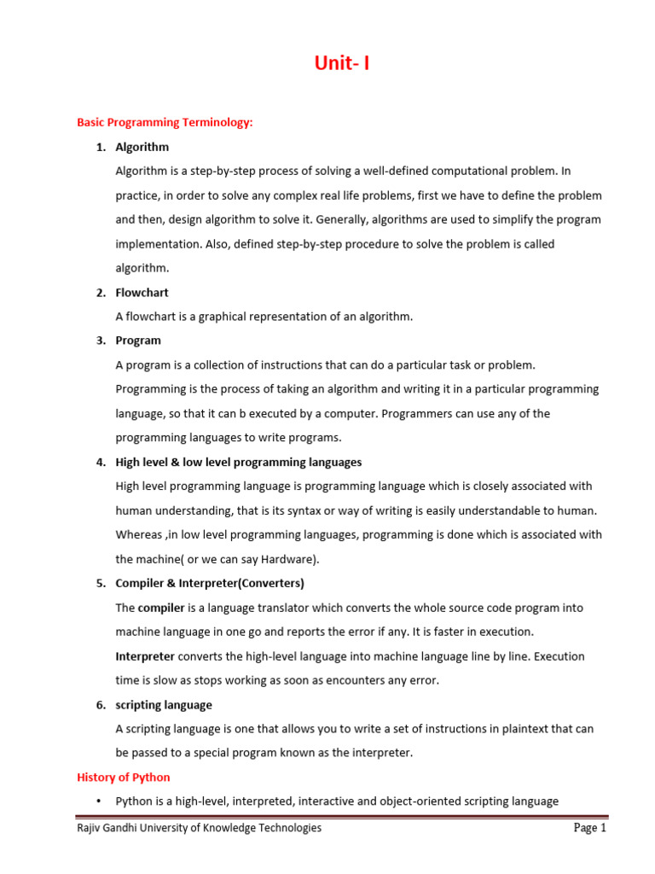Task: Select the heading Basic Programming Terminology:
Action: point(165,123)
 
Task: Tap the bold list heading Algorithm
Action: point(142,147)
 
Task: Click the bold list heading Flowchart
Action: point(142,293)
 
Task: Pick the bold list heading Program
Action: point(138,341)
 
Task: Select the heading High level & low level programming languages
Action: point(239,462)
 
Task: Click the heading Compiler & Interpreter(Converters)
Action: point(210,584)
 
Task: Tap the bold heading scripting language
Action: point(164,705)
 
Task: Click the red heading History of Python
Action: point(124,778)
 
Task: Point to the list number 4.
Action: point(100,462)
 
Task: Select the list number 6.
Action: point(100,705)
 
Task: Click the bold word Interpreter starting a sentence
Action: point(146,656)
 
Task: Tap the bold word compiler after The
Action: point(161,608)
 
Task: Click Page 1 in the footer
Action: point(589,828)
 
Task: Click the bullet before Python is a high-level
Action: point(100,801)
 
